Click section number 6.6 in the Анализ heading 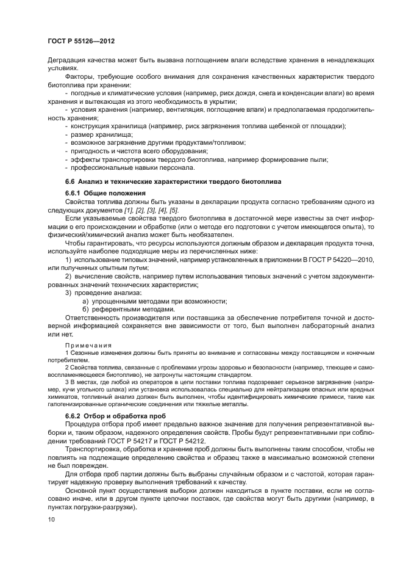pyautogui.click(x=70, y=181)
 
